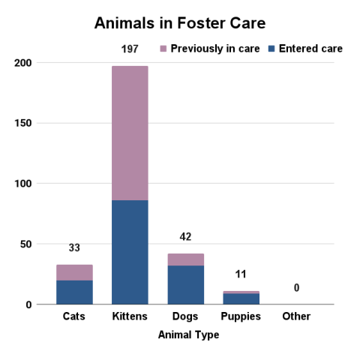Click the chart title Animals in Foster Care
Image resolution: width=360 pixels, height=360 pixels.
point(180,22)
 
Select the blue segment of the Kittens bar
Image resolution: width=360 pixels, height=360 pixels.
point(130,252)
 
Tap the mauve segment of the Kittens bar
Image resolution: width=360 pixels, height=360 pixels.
point(130,133)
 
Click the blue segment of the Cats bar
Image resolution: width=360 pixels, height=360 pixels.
point(74,292)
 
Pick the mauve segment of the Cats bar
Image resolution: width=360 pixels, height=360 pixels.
point(74,272)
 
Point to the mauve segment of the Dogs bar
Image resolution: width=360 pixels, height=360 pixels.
point(185,259)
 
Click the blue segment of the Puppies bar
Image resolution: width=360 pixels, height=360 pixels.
point(241,298)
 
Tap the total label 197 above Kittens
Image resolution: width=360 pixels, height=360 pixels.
point(130,49)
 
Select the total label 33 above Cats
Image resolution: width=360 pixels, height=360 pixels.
point(74,248)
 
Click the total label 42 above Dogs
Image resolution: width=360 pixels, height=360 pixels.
point(185,237)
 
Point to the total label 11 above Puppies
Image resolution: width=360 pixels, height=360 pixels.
point(241,274)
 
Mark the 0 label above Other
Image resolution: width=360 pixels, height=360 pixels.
point(296,288)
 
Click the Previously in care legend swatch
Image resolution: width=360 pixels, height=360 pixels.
point(164,49)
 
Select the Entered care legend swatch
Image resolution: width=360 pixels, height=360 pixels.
point(271,49)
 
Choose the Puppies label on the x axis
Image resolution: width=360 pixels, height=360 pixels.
point(241,316)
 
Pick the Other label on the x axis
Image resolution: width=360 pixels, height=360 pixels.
point(296,316)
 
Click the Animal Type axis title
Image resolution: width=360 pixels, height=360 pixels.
point(188,335)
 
